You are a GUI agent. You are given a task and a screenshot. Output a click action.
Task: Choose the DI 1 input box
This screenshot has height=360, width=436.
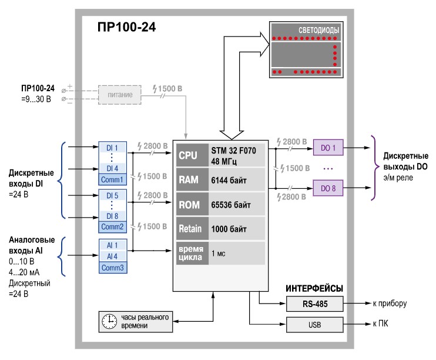(112, 147)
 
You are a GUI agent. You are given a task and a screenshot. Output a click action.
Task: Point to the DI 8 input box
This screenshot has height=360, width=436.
(112, 216)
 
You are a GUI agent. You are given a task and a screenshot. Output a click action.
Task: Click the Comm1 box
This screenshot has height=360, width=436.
(112, 179)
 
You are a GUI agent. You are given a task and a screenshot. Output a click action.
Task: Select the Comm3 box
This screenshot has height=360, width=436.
(112, 268)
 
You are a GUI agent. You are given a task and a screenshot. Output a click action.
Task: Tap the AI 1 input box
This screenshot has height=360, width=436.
(112, 245)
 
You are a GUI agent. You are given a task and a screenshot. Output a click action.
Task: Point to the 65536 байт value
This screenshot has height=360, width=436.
(232, 206)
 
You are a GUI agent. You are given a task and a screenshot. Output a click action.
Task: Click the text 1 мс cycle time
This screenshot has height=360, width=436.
(219, 254)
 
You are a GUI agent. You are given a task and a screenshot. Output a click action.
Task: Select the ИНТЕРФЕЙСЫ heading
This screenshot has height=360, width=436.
(314, 288)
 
